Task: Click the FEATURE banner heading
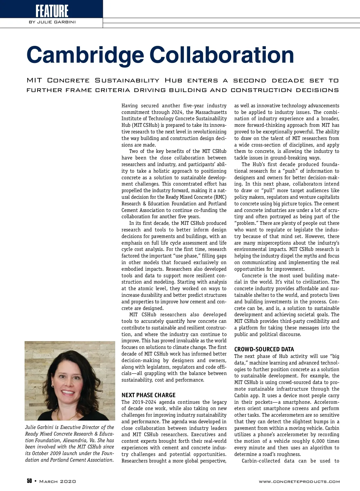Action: point(52,11)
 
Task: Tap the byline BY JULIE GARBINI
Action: point(52,22)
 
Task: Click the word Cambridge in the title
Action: point(85,55)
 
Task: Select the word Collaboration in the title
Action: point(222,55)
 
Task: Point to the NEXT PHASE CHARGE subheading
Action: point(148,395)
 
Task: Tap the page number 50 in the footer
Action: point(29,481)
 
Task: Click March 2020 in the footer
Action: point(58,481)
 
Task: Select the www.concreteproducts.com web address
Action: point(299,482)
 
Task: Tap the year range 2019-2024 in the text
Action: point(144,402)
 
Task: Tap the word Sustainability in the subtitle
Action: point(127,80)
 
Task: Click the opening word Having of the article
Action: point(130,106)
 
